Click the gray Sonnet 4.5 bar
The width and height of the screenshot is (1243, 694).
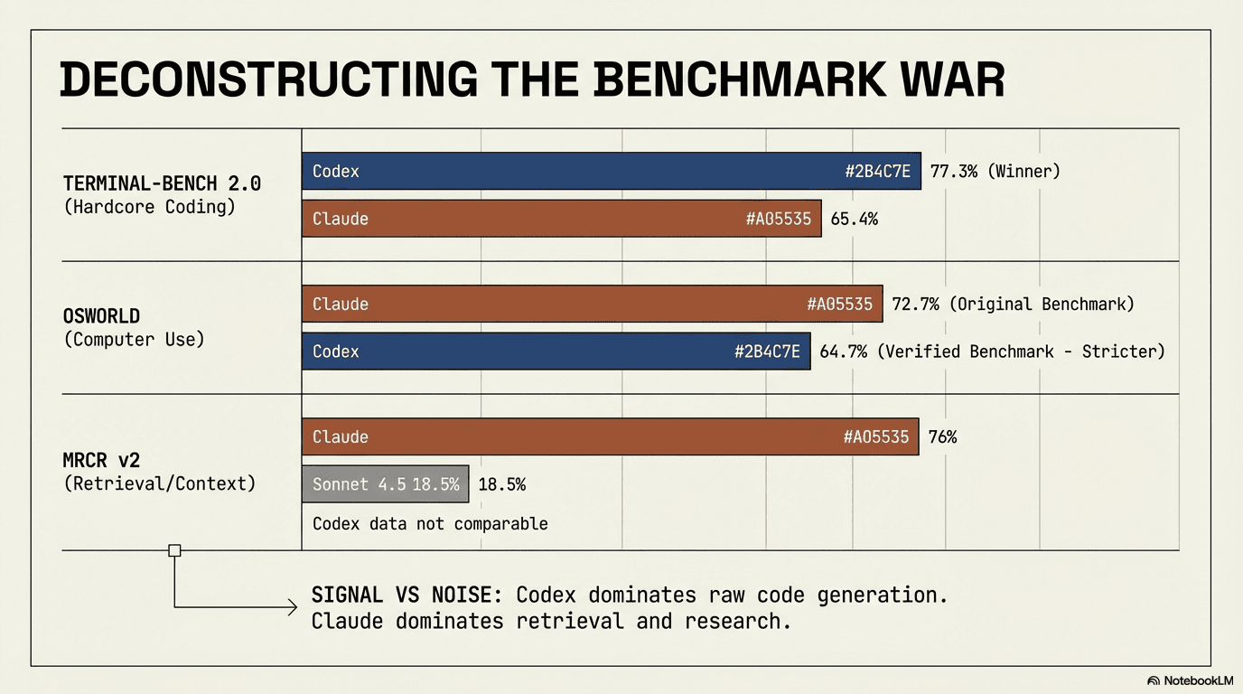point(385,484)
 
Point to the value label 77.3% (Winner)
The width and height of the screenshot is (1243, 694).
point(995,171)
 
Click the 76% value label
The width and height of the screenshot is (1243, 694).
point(942,436)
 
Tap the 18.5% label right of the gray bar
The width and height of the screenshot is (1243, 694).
point(501,484)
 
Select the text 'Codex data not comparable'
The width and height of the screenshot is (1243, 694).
point(430,524)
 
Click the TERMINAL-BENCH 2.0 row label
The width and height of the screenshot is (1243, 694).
point(163,183)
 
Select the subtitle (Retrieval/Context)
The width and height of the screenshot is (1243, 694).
point(160,483)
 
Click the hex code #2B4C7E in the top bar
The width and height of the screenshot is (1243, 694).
point(877,171)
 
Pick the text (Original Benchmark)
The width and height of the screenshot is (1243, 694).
point(1042,304)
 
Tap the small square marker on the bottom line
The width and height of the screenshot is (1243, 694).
point(174,550)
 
